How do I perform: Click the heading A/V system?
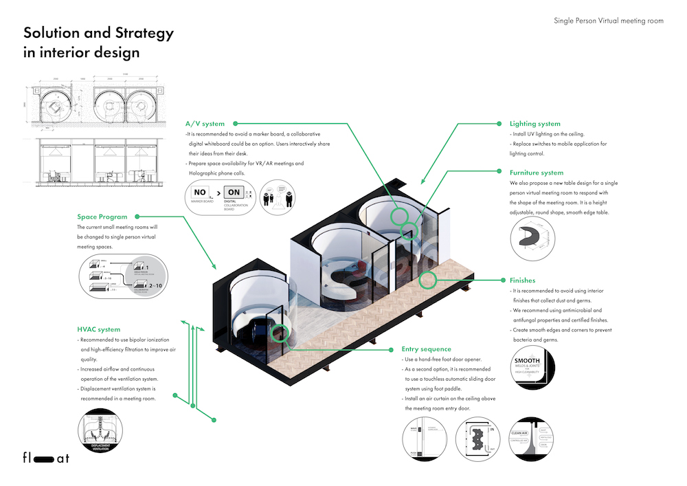coord(204,124)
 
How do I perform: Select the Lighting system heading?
coord(535,124)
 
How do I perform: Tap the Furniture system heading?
coord(537,173)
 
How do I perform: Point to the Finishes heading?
coord(523,280)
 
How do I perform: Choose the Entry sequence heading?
coord(427,349)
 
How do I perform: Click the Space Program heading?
coord(102,217)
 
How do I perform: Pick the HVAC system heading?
coord(99,329)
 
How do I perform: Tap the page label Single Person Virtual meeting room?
coord(609,21)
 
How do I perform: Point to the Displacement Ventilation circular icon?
coord(101,433)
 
